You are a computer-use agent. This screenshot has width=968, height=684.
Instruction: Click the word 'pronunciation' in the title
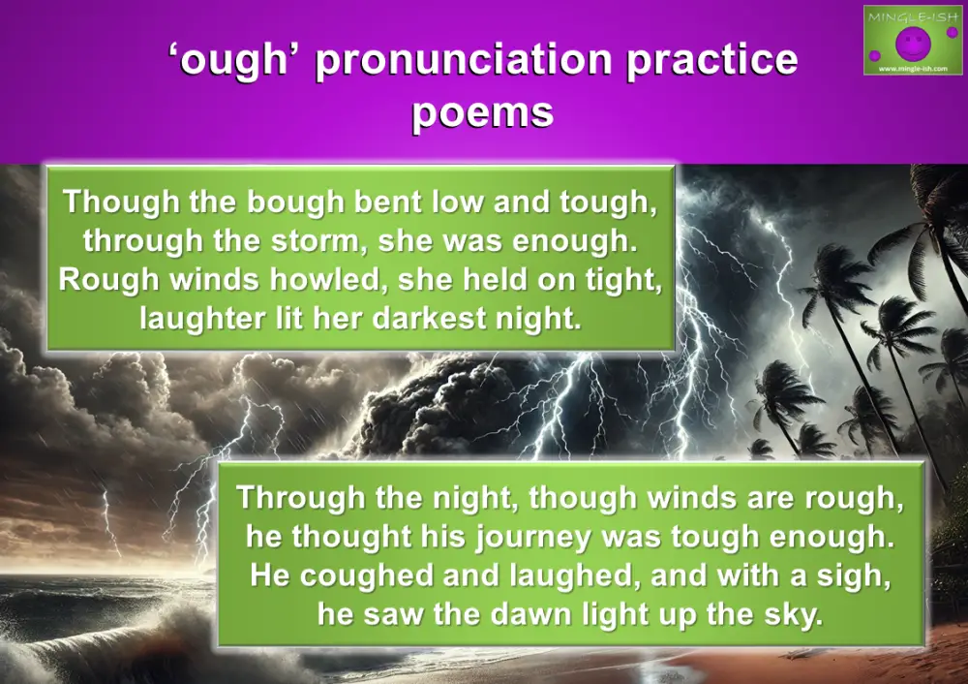click(463, 61)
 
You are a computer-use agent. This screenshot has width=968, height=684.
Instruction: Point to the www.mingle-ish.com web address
click(910, 69)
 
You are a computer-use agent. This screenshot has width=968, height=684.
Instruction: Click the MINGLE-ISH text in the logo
click(910, 16)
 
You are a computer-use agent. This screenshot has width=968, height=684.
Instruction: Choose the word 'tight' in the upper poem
click(629, 279)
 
